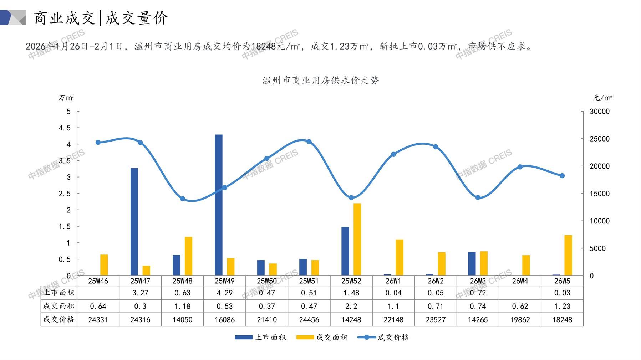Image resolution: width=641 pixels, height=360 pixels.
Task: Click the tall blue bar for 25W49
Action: coord(218,205)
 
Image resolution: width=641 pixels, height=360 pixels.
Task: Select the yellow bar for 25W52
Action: coord(357,239)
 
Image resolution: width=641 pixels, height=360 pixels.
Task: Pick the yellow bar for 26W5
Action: coord(568,255)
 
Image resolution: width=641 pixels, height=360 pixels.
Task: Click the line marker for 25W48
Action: coord(182,199)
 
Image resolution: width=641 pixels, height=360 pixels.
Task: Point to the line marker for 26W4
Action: coord(520,167)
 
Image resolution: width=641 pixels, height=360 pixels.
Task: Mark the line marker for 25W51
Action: coord(309,142)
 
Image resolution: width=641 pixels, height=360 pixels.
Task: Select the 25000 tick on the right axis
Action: coord(599,139)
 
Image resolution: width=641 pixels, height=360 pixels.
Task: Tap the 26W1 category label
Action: coord(393,281)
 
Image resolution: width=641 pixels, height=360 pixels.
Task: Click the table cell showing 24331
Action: coord(98,320)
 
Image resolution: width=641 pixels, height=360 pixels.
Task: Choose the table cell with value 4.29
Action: coord(224,293)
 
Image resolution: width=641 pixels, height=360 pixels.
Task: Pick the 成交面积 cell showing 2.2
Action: coord(351,306)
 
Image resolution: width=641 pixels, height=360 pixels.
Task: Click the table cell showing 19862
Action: coord(520,320)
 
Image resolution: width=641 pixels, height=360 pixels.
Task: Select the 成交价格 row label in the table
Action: coord(59,319)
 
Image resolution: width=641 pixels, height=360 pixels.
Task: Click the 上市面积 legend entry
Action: coord(260,337)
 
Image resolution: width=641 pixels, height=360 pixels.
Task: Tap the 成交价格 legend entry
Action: coord(383,337)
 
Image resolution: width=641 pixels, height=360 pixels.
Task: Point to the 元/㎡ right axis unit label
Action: coord(602,98)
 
